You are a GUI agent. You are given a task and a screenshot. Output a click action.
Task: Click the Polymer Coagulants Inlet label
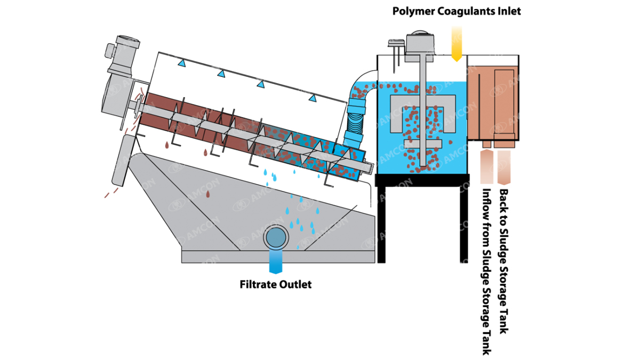tap(456, 11)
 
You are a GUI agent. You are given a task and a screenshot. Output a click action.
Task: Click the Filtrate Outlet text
tap(275, 284)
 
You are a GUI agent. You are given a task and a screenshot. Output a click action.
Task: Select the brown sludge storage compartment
tap(493, 101)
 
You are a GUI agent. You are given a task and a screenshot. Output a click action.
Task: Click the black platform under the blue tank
tap(422, 180)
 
